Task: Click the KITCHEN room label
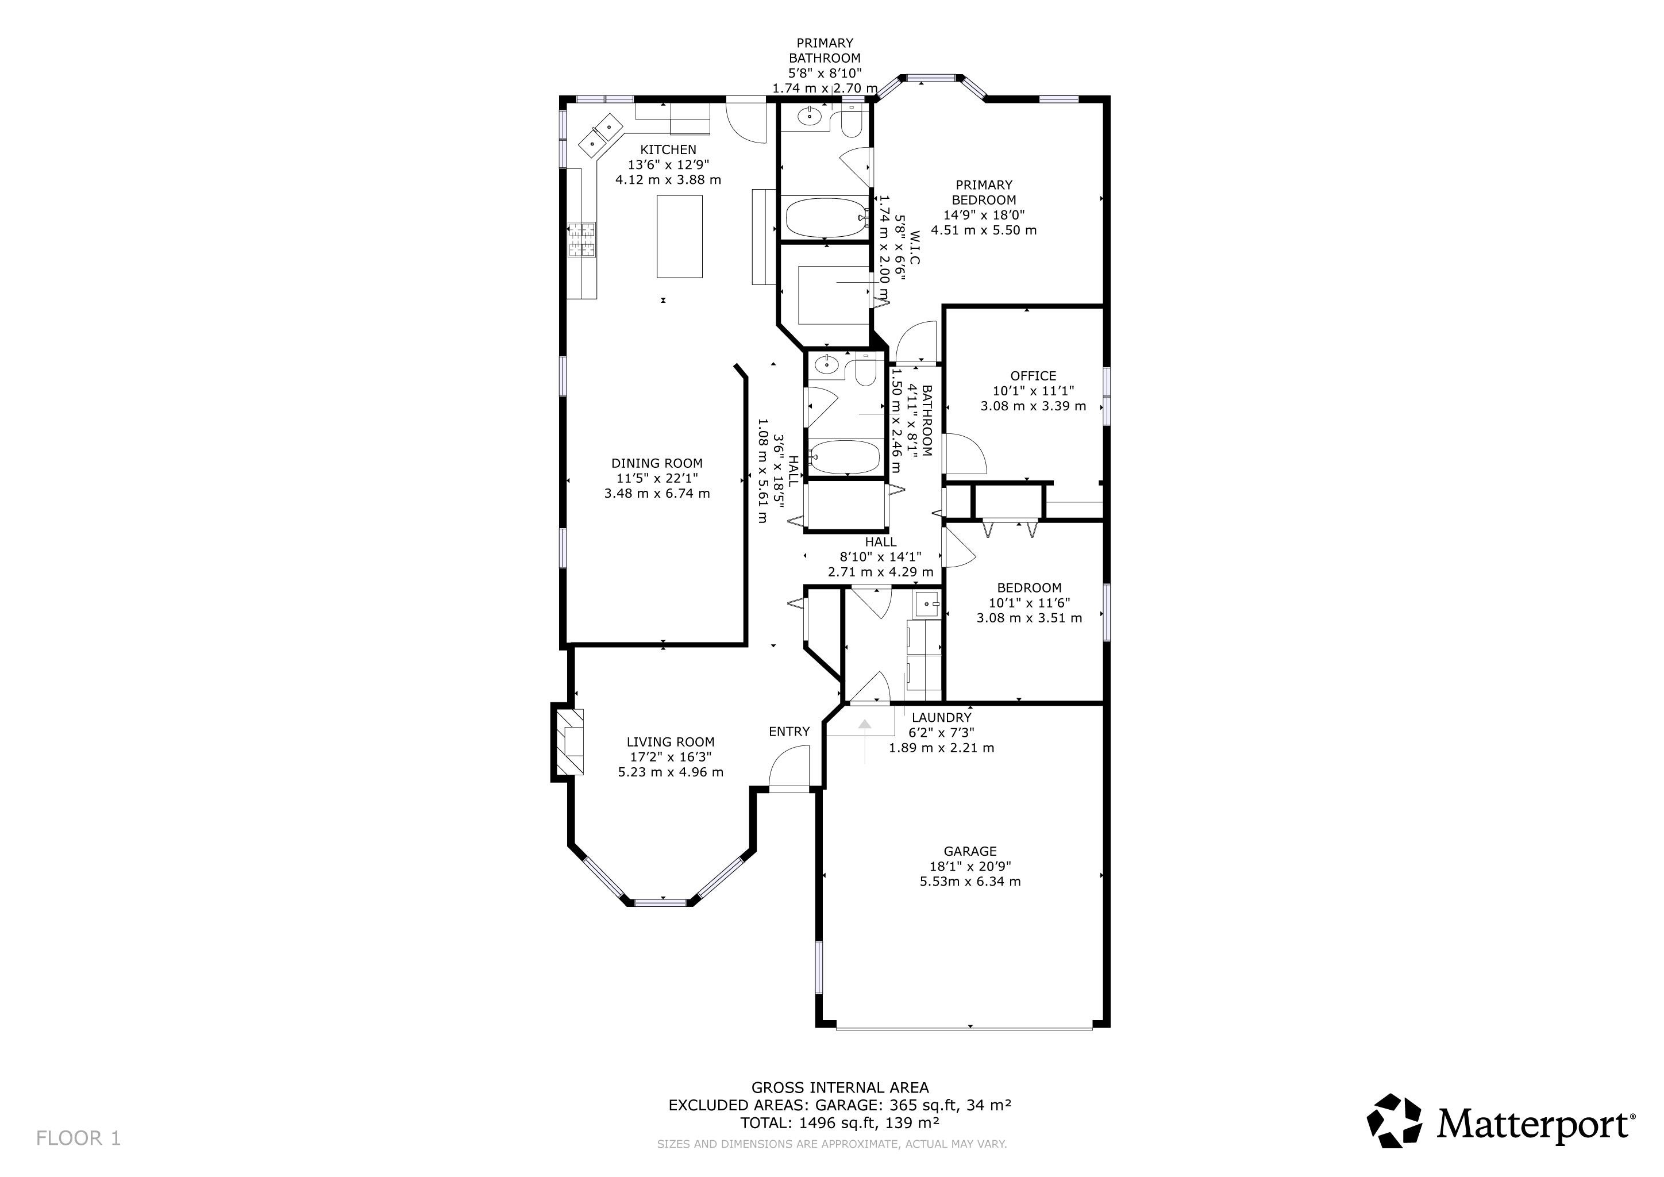click(x=668, y=149)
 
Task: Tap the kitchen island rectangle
click(x=679, y=236)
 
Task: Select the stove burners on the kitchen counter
click(x=581, y=239)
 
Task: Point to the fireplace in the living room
click(x=569, y=742)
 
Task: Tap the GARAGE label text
click(x=970, y=851)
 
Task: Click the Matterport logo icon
click(x=1394, y=1121)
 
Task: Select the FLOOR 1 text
click(x=78, y=1138)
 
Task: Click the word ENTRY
click(x=789, y=731)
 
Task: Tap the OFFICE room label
click(x=1033, y=375)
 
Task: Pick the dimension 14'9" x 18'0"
click(x=984, y=214)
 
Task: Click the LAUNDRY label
click(x=941, y=717)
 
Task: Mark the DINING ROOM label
click(x=657, y=463)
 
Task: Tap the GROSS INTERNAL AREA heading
click(x=840, y=1087)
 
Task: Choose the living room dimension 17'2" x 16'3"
click(x=671, y=757)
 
